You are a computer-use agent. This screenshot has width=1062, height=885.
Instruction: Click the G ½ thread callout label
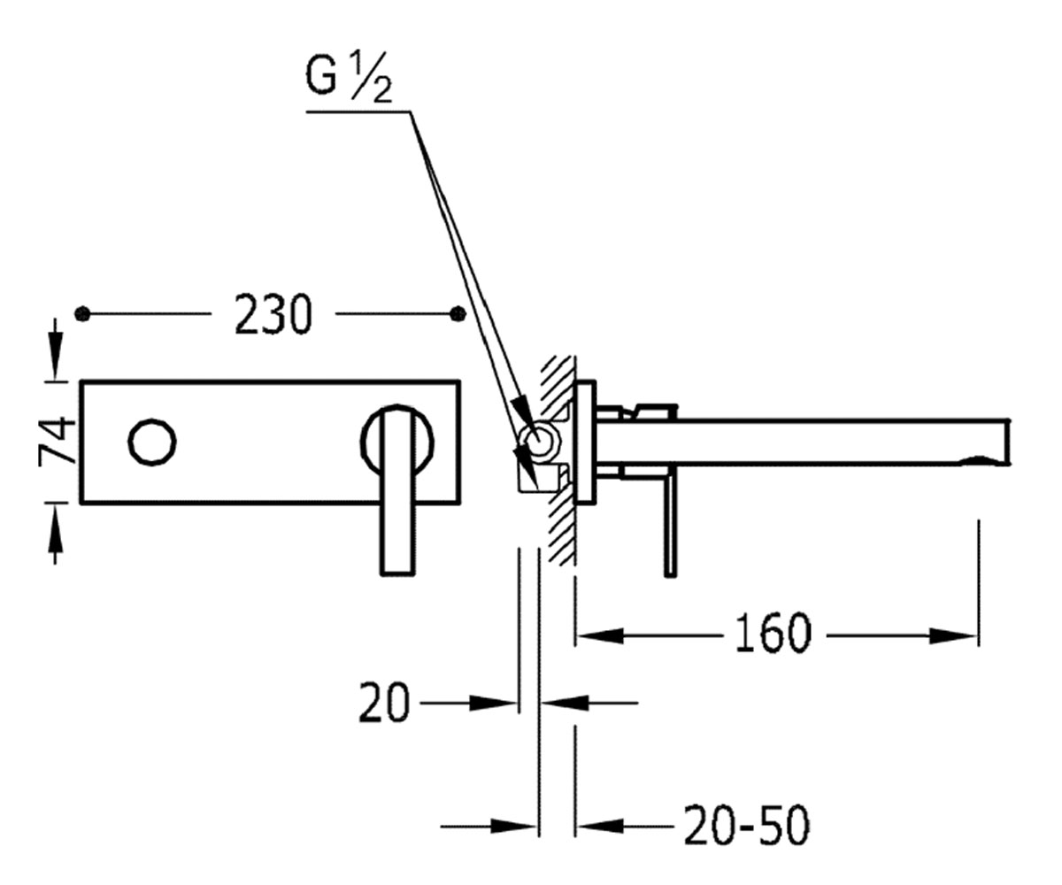(x=349, y=78)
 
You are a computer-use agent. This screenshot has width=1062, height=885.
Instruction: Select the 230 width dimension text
(x=273, y=315)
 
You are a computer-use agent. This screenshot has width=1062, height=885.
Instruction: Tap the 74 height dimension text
(x=57, y=441)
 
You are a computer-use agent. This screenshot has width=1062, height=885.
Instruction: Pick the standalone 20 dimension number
(x=384, y=703)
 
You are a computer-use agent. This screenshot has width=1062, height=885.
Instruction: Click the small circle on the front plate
(x=152, y=442)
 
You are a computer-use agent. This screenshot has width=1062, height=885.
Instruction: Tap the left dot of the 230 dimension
(x=82, y=314)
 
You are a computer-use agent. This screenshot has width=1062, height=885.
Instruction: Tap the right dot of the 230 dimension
(x=458, y=314)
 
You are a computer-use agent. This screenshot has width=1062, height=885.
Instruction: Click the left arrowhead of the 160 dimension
(x=601, y=635)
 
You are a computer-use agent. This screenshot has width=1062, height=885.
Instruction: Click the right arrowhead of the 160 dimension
(x=953, y=635)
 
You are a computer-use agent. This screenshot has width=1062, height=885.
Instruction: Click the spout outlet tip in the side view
(x=1008, y=441)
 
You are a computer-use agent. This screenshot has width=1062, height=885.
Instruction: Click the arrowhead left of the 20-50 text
(x=601, y=827)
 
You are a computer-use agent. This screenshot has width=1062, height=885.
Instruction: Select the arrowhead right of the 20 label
(x=492, y=704)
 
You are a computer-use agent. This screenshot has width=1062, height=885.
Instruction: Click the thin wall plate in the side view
(x=585, y=441)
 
